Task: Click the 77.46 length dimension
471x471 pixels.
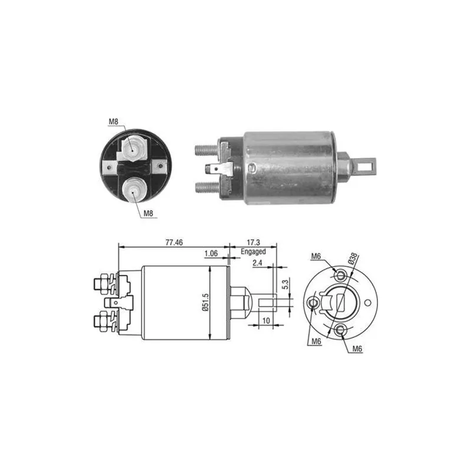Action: (x=174, y=242)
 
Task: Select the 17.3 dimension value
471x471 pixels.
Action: (x=253, y=242)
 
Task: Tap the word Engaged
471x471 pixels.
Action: (x=253, y=251)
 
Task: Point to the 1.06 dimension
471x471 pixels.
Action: (x=211, y=253)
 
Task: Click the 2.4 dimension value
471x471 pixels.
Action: (x=257, y=263)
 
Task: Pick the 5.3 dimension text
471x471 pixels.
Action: (x=285, y=284)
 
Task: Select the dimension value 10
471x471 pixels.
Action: (x=266, y=321)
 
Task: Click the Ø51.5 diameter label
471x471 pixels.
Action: (x=205, y=302)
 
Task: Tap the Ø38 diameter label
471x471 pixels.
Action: (x=353, y=258)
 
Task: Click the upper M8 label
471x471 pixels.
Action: (x=113, y=122)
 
